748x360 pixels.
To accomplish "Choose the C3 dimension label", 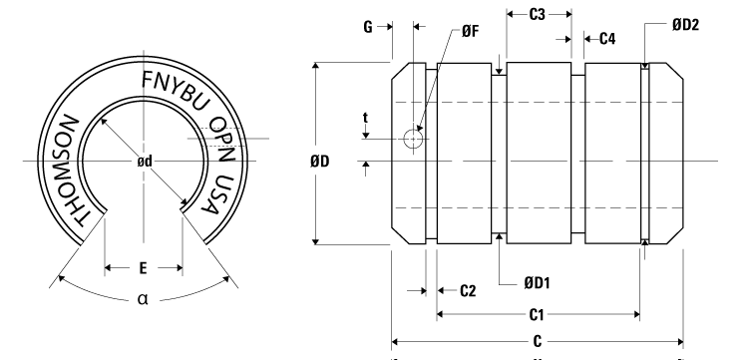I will point(538,15).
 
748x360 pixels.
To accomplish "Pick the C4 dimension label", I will point(606,39).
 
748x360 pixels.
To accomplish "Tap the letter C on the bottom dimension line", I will point(538,339).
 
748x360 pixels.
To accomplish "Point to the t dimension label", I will point(367,118).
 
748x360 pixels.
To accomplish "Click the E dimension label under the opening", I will point(143,267).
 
